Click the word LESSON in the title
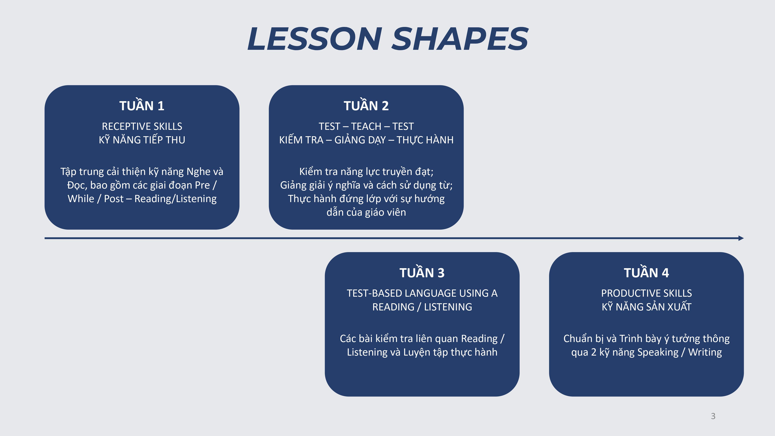tap(315, 39)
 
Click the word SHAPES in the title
tap(460, 39)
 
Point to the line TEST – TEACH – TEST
tap(366, 126)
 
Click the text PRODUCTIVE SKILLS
tap(647, 293)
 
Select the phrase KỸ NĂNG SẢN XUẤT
tap(647, 307)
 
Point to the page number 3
tap(713, 416)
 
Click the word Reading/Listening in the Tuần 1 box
tap(175, 199)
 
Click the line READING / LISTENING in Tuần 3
tap(422, 307)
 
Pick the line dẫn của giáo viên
tap(366, 212)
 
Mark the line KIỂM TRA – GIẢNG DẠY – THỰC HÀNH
tap(366, 140)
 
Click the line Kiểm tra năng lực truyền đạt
tap(366, 171)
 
